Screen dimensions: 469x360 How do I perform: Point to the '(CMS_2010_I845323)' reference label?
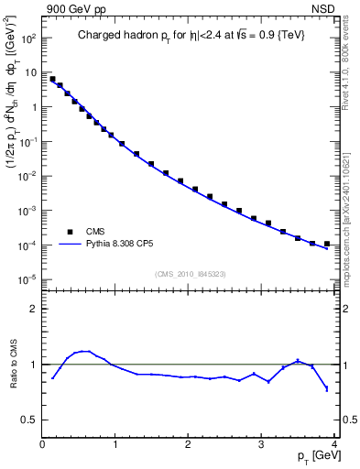coord(191,274)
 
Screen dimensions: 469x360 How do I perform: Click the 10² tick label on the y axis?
coord(28,38)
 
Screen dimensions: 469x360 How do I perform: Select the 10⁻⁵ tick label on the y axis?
coord(28,280)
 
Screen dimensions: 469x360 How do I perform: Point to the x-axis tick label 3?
coord(262,445)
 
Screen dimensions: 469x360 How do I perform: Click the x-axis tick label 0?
coord(42,445)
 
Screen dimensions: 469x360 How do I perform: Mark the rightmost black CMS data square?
coord(327,244)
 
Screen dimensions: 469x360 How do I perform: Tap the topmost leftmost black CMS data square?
coord(52,79)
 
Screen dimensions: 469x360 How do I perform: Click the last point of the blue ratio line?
coord(327,389)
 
